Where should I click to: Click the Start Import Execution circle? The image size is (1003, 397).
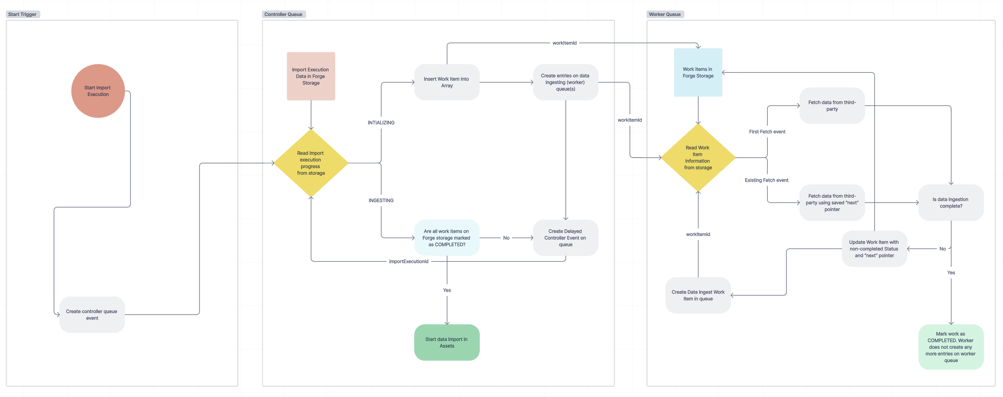coord(98,91)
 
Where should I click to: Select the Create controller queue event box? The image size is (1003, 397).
coord(92,315)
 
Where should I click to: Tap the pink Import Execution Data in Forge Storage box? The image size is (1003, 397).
coord(311,76)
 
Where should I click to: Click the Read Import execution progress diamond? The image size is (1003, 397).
coord(311,163)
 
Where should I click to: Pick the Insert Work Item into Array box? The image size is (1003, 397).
coord(447,82)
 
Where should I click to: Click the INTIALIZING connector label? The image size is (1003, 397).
coord(381,123)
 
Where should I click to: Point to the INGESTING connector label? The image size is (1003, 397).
coord(381,201)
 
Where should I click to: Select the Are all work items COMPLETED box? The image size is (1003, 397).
coord(447,238)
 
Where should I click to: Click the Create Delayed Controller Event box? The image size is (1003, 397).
coord(565,238)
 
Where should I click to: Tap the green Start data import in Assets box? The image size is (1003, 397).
coord(447,343)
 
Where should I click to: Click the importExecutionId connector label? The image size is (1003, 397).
coord(408,262)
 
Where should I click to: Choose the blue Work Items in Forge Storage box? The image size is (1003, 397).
coord(698,72)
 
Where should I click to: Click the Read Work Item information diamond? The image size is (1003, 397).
coord(698,158)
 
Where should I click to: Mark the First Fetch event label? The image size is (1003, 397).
coord(767,132)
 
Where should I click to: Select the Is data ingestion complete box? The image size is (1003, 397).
coord(951,203)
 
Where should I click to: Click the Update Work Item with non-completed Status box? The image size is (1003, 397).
coord(874,249)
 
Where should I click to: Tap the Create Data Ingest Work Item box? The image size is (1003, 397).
coord(698,295)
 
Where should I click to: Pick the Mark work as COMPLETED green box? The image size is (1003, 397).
coord(951,347)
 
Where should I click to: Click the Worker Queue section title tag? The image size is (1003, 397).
coord(665,14)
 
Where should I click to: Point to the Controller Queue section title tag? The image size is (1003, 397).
coord(283,14)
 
